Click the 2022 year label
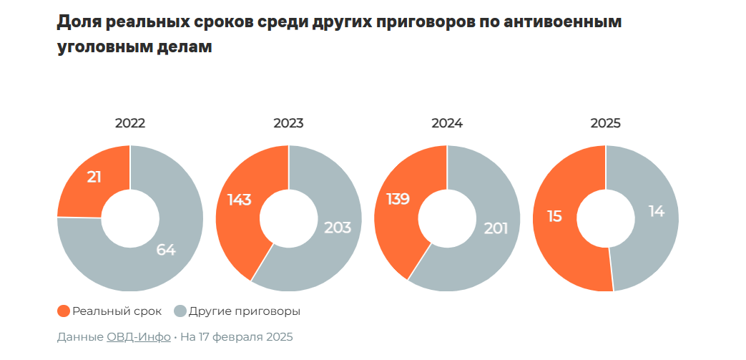coord(129,123)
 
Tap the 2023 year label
coord(288,123)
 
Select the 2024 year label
coord(447,123)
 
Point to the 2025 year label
coord(605,123)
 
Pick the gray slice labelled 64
coord(165,250)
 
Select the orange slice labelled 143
coord(239,200)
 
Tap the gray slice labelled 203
coord(337,228)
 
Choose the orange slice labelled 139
coord(397,199)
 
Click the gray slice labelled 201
coord(495,229)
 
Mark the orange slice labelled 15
coord(555,215)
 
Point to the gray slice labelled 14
coord(656,212)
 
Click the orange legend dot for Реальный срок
coord(63,311)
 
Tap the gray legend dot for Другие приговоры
coord(180,311)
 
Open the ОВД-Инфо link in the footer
coord(138,336)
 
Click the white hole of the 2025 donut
coord(605,218)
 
